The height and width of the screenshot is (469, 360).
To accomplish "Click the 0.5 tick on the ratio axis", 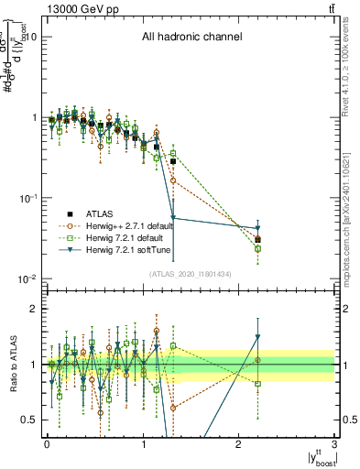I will point(31,420).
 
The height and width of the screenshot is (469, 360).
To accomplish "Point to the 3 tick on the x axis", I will point(335,443).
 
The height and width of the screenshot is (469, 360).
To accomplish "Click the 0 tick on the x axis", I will point(47,443).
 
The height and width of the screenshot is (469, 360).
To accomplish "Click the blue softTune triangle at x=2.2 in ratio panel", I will point(258,336).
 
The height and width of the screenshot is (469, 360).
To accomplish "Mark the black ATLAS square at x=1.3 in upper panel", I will point(172,161).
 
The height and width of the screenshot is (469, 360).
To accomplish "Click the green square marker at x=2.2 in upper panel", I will point(258,248).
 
